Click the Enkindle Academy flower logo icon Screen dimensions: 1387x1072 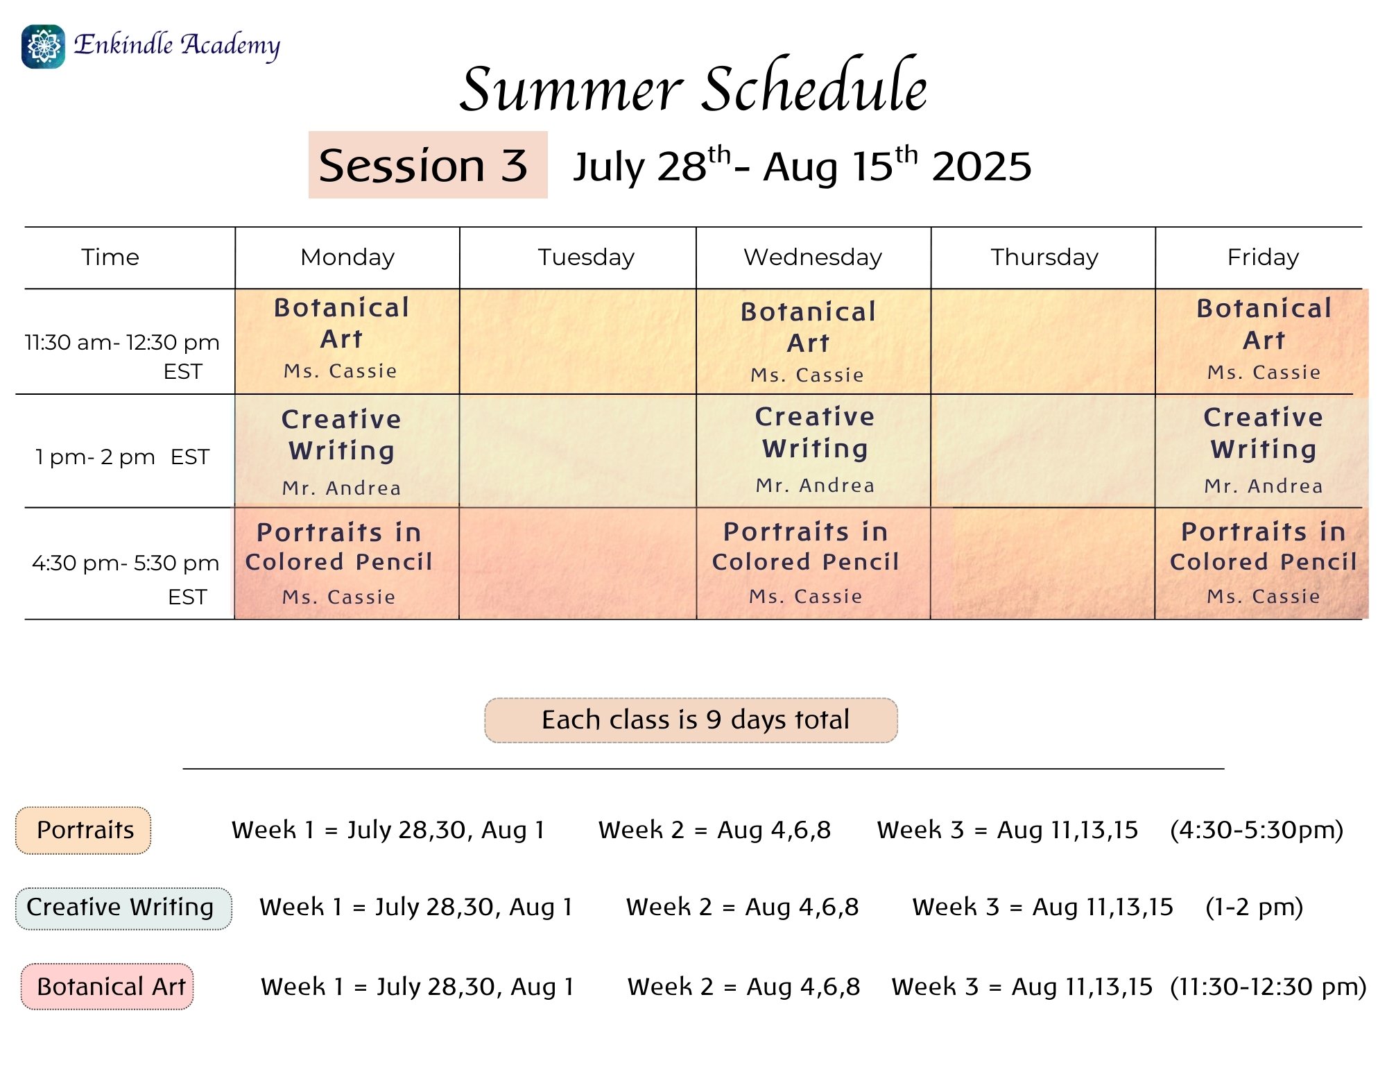coord(43,46)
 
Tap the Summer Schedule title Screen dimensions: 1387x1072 coord(693,87)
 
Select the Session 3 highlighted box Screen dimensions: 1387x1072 coord(428,165)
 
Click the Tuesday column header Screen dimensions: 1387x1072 coord(586,257)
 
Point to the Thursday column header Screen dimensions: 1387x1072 coord(1044,257)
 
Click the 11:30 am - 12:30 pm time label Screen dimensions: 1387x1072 coord(122,357)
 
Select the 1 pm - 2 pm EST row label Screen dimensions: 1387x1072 coord(122,457)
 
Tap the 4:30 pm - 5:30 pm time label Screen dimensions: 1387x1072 coord(126,579)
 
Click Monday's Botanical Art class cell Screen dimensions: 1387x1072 coord(347,341)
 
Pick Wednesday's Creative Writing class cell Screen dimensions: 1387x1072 coord(813,451)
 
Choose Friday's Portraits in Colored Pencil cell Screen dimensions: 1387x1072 coord(1262,563)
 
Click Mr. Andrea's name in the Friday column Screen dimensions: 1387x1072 coord(1264,486)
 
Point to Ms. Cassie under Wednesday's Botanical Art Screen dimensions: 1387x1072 coord(807,375)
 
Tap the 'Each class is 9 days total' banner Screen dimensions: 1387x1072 coord(691,720)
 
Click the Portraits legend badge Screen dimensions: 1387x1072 coord(83,830)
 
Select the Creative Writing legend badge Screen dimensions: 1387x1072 coord(123,908)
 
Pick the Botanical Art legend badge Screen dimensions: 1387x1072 coord(107,986)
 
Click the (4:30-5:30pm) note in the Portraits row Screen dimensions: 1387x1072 coord(1257,830)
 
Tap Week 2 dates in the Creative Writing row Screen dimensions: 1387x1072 coord(743,907)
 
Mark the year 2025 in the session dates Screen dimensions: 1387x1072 coord(981,167)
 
